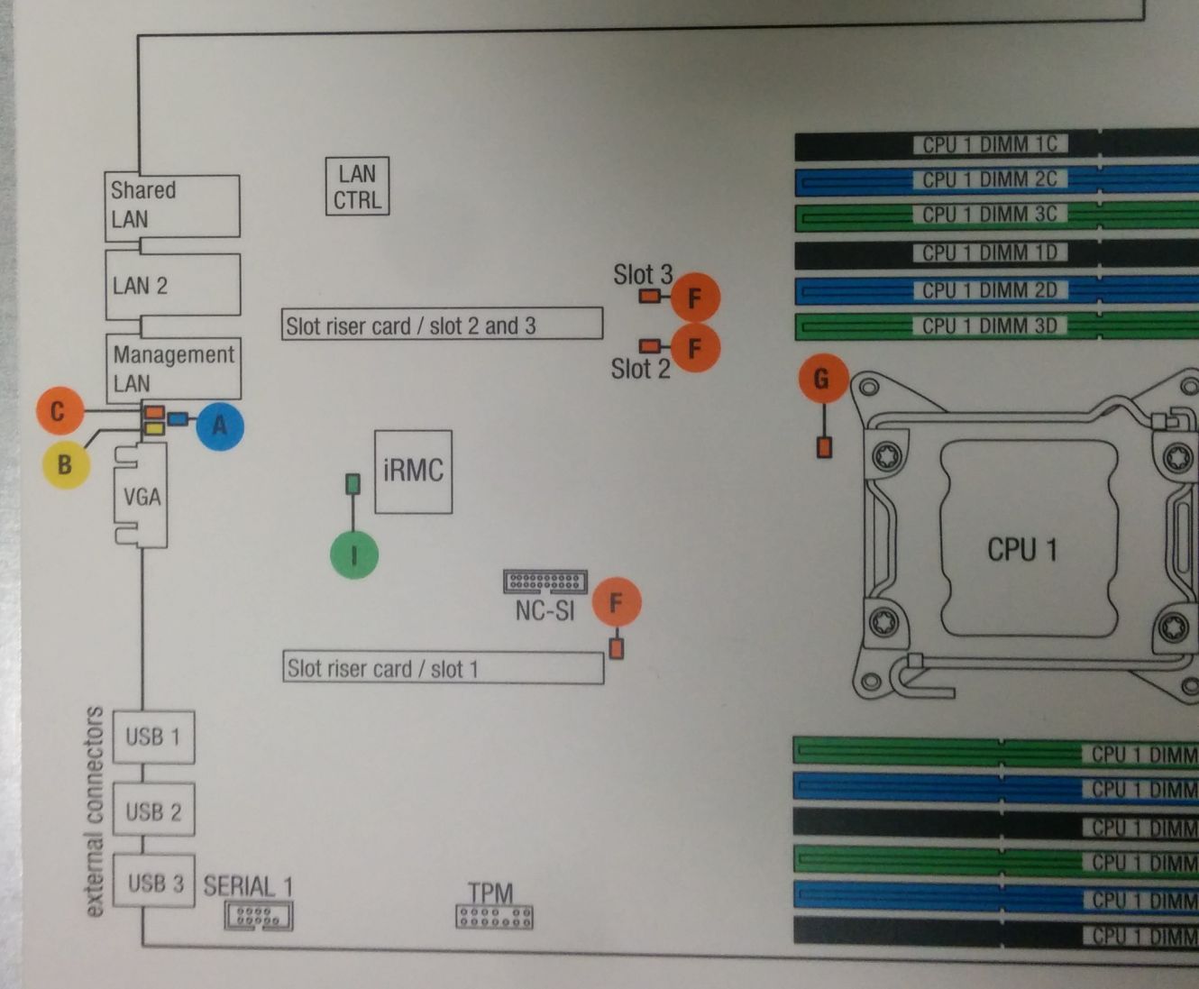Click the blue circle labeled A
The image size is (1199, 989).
[219, 426]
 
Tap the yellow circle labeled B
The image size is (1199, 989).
[65, 464]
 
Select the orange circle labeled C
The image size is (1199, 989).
[59, 411]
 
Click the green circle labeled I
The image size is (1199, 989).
[353, 554]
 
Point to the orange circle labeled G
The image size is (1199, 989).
[823, 379]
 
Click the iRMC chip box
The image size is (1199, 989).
[413, 472]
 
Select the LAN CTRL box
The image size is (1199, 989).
[357, 187]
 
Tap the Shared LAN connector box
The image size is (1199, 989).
[171, 206]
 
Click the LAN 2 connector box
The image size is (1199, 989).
[172, 286]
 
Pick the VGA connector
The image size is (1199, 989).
[142, 497]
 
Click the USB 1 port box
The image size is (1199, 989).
[153, 737]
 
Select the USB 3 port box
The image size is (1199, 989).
[155, 882]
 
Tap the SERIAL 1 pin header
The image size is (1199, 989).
[258, 917]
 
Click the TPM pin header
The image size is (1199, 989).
[494, 918]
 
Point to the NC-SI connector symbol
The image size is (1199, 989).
[545, 581]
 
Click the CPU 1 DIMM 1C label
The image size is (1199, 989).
[990, 144]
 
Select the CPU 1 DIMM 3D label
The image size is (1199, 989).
[990, 325]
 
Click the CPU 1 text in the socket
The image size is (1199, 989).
[1022, 549]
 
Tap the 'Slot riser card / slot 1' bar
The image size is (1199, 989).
[443, 668]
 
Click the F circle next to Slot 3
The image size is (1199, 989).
[695, 298]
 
